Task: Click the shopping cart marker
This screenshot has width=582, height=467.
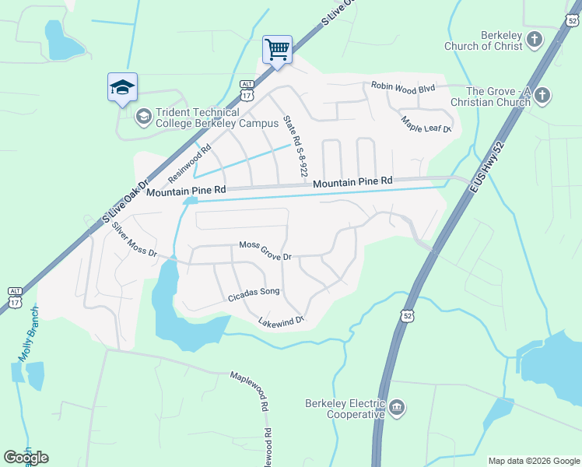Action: (277, 51)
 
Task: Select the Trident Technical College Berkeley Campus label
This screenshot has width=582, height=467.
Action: (209, 118)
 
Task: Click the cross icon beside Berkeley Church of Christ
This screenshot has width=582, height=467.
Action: (535, 40)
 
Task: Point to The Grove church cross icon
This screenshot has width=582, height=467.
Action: (542, 96)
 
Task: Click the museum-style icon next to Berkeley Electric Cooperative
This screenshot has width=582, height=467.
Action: (397, 407)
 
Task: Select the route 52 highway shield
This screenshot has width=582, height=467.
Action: (408, 315)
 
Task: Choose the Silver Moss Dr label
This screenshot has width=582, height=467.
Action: (134, 241)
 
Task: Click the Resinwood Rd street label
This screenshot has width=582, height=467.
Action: (189, 162)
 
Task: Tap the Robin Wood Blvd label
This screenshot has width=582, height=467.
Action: (402, 88)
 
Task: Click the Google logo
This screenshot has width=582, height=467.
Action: (26, 457)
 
